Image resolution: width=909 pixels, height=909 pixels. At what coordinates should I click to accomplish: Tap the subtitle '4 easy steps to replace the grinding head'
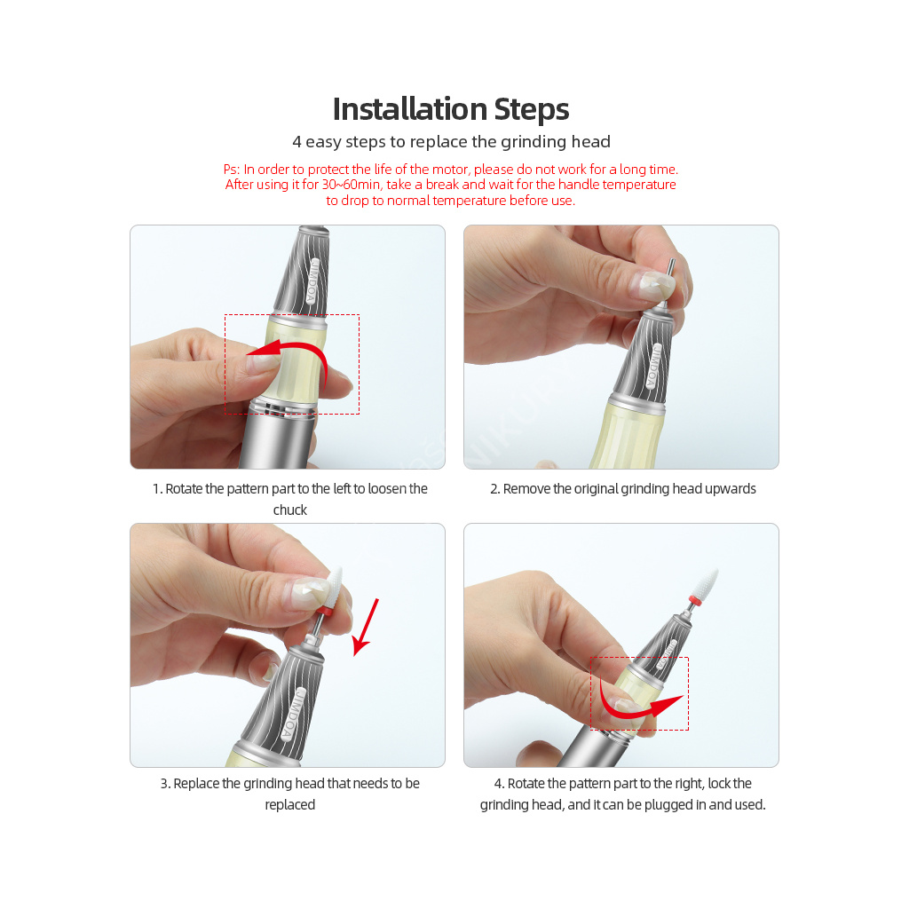451,142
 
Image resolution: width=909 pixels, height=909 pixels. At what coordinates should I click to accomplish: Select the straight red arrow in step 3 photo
367,628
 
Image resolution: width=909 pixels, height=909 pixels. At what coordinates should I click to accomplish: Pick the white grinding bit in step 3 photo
334,587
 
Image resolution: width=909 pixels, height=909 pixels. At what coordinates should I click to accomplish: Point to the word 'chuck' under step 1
290,510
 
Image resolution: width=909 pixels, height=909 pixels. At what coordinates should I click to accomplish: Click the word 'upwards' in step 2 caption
731,489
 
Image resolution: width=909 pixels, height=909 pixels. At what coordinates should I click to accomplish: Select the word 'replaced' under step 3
290,805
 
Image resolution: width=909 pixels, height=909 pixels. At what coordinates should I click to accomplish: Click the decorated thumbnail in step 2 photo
656,285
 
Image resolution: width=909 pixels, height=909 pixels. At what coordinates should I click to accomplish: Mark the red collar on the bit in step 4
694,601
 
